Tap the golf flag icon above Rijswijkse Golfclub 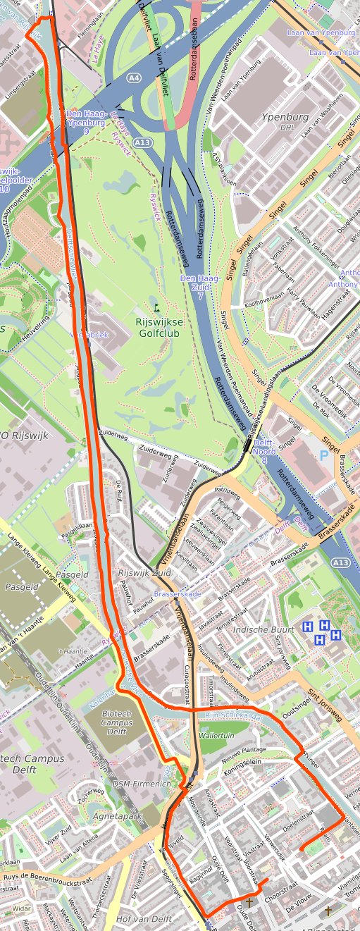pos(156,308)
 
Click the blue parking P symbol pos(323,455)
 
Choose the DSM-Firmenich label pos(141,784)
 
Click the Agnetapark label pos(117,816)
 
